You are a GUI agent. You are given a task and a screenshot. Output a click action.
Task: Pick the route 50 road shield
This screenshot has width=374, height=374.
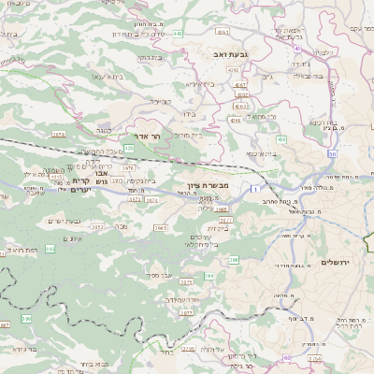[332, 153]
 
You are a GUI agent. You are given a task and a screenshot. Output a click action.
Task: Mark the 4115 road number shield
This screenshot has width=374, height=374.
[56, 176]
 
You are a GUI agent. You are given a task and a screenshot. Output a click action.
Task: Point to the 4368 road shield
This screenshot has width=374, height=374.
[235, 120]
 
